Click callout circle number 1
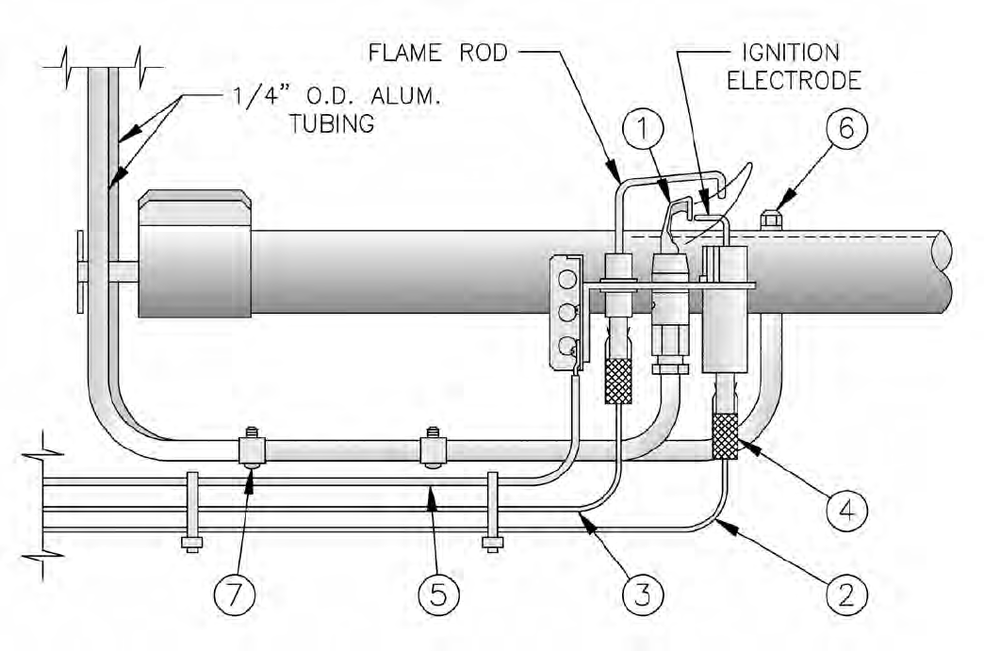click(643, 128)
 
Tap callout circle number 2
click(846, 594)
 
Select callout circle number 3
click(643, 594)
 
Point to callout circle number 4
click(846, 510)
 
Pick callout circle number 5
click(438, 594)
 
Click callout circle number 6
click(846, 128)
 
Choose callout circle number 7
click(234, 594)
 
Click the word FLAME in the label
click(404, 53)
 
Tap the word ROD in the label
click(484, 53)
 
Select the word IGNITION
click(791, 53)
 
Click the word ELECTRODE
click(794, 80)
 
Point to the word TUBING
click(332, 123)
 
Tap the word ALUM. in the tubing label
click(403, 97)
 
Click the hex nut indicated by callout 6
click(770, 220)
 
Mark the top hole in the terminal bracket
click(567, 279)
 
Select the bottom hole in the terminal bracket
click(567, 346)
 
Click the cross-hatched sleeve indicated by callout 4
click(726, 436)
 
